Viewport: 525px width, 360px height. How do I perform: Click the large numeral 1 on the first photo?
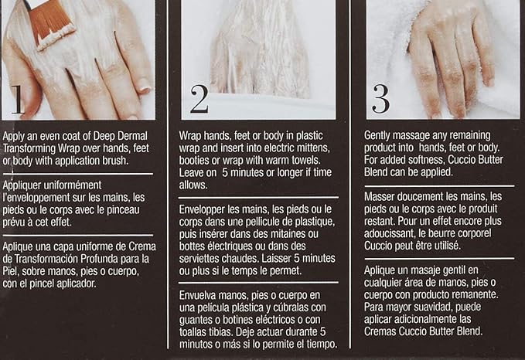19,100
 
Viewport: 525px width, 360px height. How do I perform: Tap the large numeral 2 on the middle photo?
199,98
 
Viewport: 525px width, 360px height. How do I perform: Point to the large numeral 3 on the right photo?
381,99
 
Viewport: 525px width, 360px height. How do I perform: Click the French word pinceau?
123,210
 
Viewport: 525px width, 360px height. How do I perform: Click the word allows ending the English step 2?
193,185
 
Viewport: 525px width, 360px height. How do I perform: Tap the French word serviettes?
199,259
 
